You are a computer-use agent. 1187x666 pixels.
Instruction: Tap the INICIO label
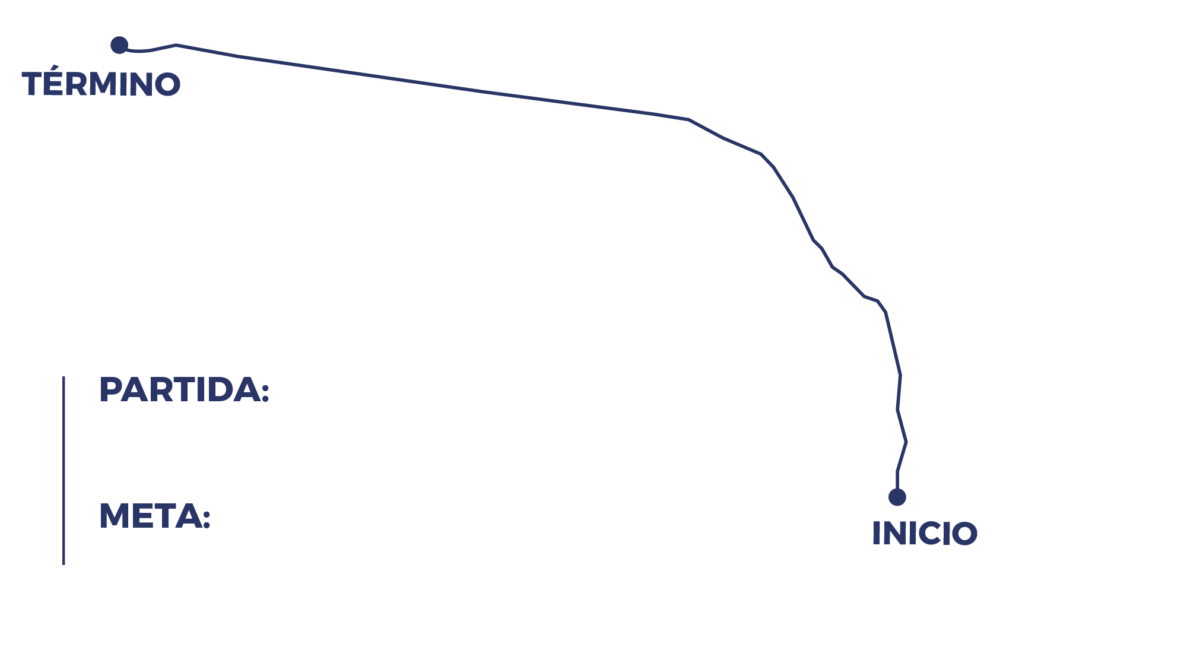[925, 533]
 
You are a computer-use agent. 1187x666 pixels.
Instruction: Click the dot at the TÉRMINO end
[119, 45]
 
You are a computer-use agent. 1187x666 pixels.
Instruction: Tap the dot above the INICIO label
[897, 497]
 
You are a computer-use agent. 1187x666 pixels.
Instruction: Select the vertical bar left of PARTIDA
[64, 470]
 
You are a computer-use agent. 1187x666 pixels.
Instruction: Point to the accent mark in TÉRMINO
[55, 67]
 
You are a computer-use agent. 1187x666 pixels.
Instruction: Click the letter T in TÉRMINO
[33, 84]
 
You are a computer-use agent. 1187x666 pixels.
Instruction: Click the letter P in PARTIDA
[110, 389]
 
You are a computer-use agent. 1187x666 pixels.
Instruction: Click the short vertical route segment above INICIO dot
[897, 480]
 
